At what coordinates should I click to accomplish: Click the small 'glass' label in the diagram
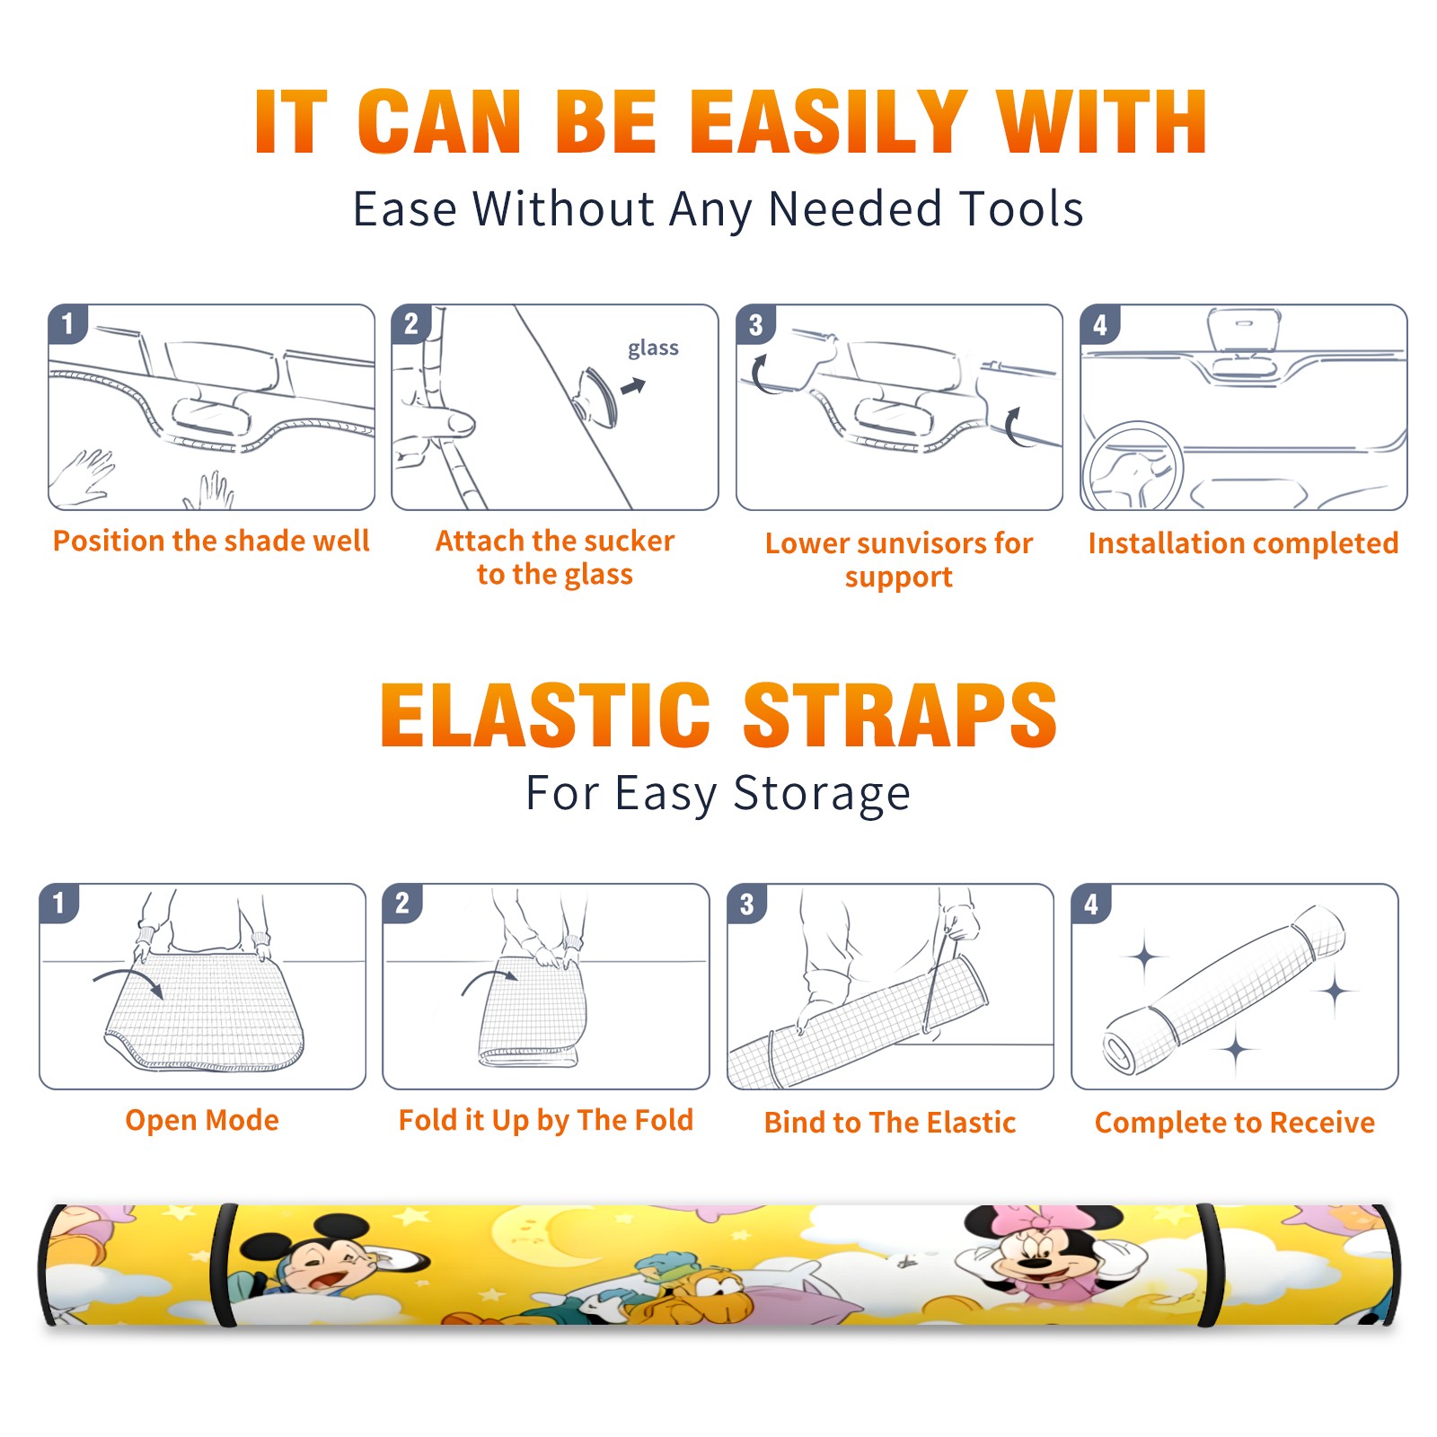[x=653, y=348]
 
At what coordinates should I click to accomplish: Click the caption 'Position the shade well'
[x=211, y=541]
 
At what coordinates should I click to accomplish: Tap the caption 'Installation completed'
[x=1243, y=543]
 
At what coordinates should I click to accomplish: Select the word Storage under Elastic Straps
[x=822, y=794]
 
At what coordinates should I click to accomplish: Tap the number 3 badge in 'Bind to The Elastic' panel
[x=746, y=904]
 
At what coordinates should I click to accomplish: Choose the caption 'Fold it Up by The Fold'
[x=546, y=1120]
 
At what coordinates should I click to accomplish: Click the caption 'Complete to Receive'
[x=1235, y=1123]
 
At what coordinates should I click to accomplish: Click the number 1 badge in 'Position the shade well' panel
[x=67, y=324]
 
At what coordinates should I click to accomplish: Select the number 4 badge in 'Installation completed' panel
[x=1099, y=324]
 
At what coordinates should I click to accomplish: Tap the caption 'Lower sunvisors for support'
[x=899, y=560]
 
